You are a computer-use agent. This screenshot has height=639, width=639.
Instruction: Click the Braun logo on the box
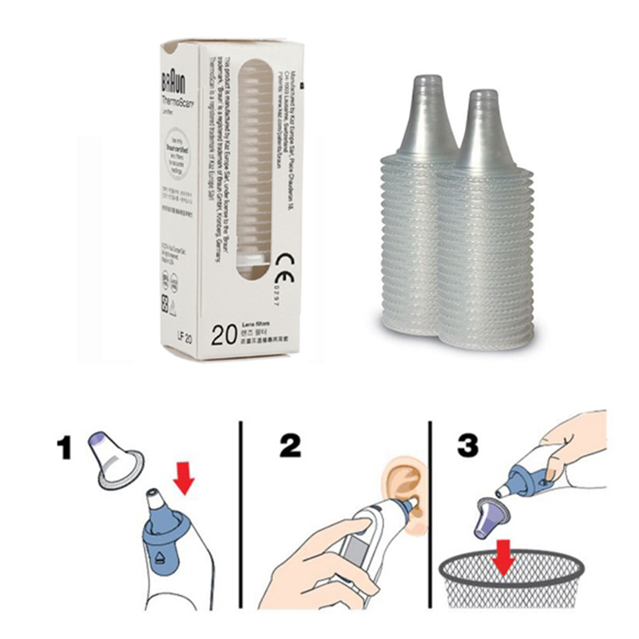click(169, 83)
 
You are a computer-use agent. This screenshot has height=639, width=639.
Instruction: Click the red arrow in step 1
click(185, 479)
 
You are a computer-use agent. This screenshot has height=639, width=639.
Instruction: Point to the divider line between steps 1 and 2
click(240, 511)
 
